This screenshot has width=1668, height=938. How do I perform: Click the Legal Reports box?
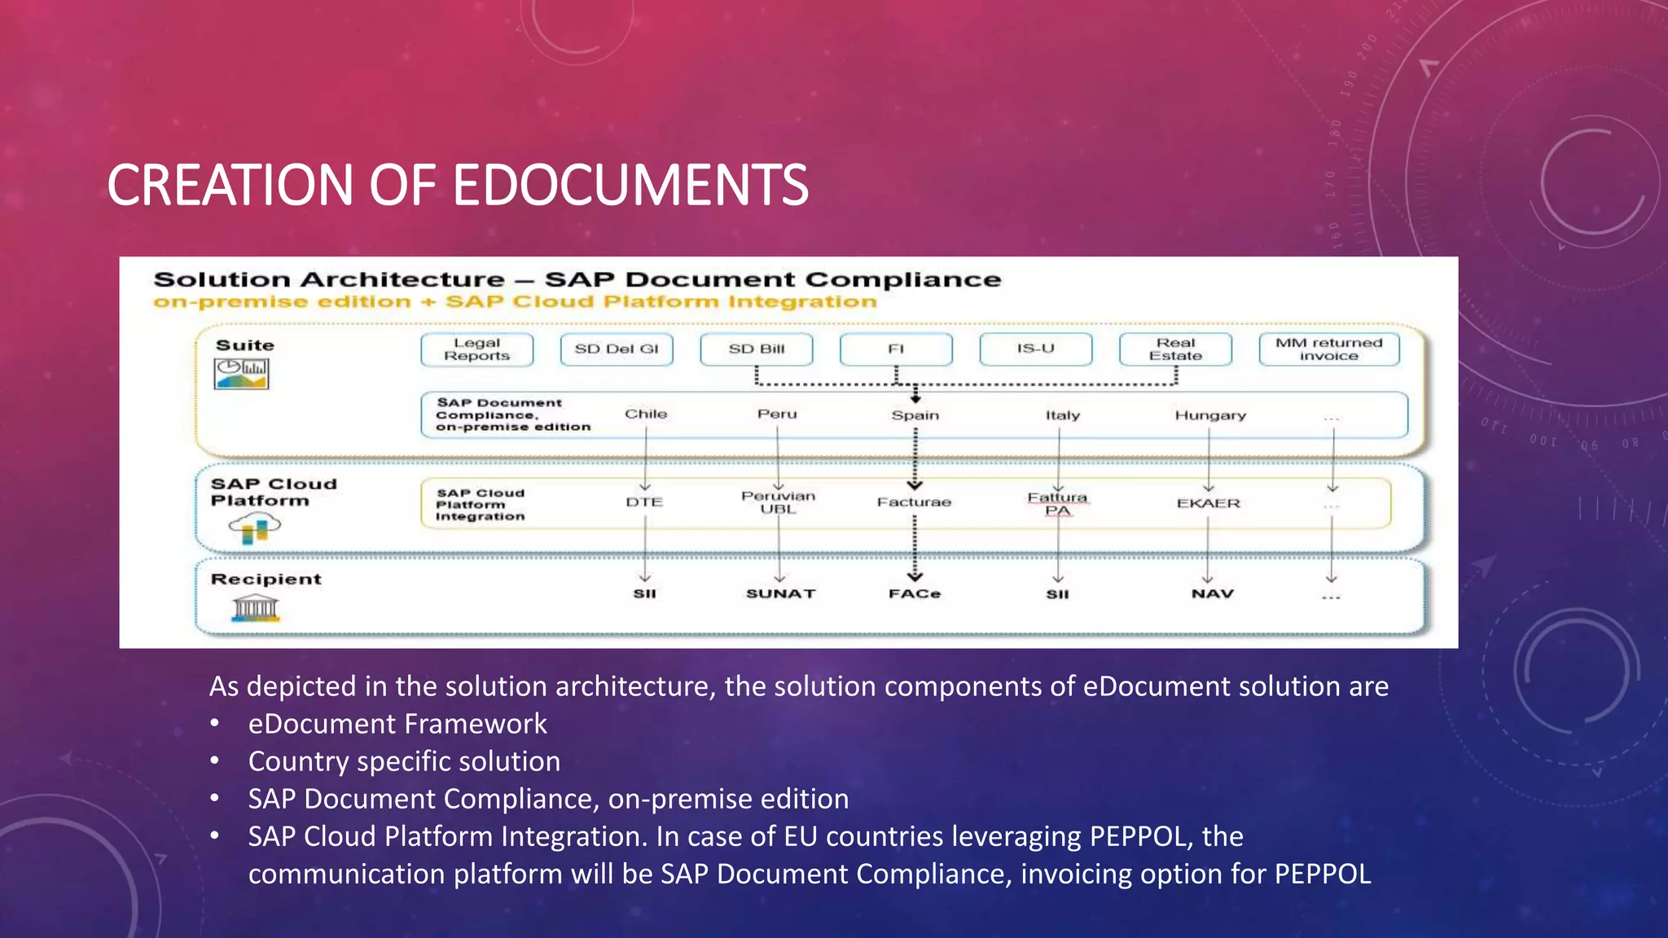point(476,349)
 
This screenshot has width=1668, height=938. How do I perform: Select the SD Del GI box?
point(617,349)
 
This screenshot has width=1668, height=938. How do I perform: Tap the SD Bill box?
point(757,349)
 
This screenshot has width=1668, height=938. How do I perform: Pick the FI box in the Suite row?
point(896,349)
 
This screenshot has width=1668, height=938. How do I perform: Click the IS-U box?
point(1035,348)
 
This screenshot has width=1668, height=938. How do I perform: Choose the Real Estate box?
point(1175,349)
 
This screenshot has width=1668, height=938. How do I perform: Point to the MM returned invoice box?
point(1328,349)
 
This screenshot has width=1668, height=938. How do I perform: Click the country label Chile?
point(646,414)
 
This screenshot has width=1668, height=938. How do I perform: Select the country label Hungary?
point(1210,415)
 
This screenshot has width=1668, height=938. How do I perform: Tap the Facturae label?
point(914,502)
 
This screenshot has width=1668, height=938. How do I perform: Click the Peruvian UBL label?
point(778,502)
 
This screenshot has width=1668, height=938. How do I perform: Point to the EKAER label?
point(1209,503)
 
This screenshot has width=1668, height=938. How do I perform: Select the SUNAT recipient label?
point(780,594)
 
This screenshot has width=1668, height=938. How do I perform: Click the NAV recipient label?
point(1212,594)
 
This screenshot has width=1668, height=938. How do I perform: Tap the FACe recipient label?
point(914,594)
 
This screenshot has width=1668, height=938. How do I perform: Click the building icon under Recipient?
point(255,608)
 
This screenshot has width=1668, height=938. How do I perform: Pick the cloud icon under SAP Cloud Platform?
point(255,528)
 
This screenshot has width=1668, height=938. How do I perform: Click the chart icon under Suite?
point(241,374)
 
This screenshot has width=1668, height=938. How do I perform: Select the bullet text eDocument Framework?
point(397,724)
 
